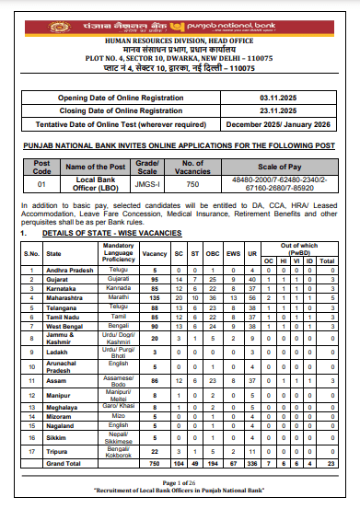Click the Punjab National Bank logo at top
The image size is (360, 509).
pos(180,17)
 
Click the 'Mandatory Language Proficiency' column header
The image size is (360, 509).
pos(120,252)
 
